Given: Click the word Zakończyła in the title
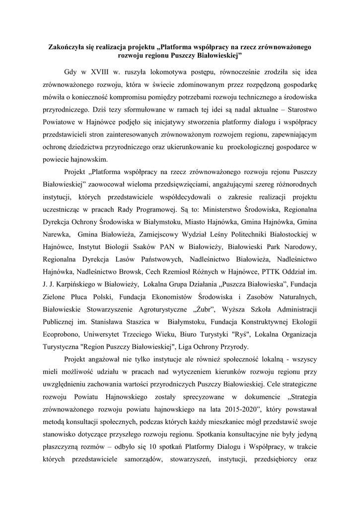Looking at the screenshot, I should [x=67, y=47].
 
